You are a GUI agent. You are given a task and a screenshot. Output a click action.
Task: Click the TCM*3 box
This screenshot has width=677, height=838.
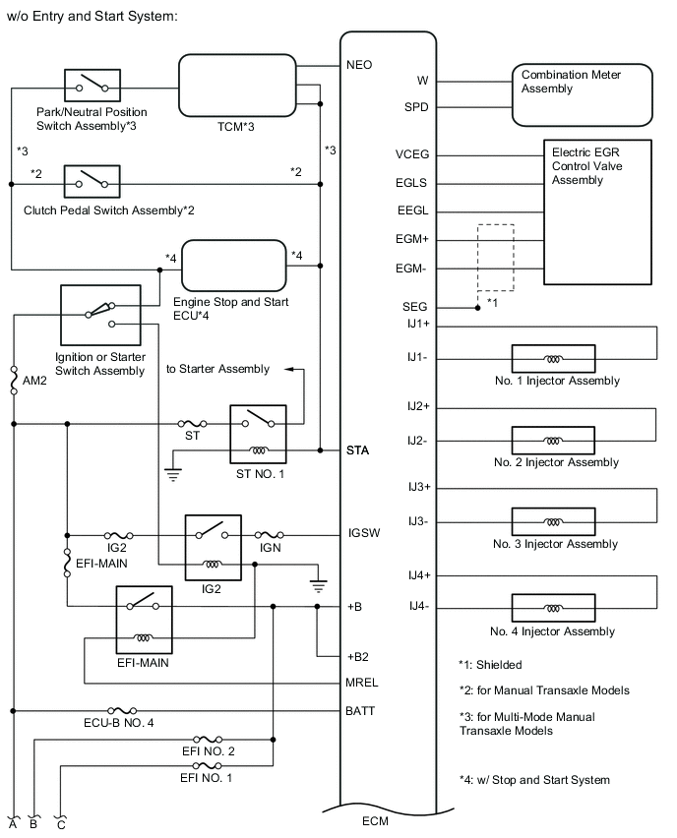point(237,88)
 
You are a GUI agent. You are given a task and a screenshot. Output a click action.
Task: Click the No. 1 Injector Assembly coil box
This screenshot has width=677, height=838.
point(552,358)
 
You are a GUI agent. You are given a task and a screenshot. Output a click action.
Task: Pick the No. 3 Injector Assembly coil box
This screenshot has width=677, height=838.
point(552,521)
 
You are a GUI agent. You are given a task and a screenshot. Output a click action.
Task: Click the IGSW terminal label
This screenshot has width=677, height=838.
point(363,534)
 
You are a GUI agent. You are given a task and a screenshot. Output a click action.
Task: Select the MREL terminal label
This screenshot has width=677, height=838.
point(362,681)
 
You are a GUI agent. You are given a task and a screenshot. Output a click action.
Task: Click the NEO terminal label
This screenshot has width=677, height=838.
point(360,65)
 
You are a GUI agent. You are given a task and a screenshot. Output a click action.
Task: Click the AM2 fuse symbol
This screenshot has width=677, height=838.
point(14,380)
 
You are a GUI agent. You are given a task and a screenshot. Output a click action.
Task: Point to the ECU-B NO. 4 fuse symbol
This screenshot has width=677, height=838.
point(121,710)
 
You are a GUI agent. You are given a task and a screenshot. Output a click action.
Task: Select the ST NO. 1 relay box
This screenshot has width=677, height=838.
point(257,434)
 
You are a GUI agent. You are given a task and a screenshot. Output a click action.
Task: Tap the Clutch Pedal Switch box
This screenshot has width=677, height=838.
point(92,182)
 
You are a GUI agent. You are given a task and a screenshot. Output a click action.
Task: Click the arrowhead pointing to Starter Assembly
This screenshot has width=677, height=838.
point(290,369)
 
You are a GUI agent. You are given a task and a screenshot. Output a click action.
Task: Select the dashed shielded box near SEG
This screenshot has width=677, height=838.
point(496,258)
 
